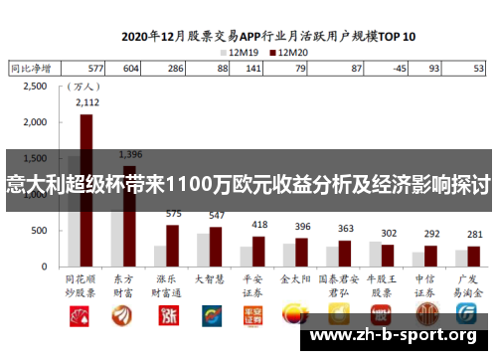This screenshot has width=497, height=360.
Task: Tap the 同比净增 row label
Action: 29,69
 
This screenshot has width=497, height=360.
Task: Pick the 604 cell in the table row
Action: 130,69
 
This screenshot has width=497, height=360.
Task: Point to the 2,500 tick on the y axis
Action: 34,87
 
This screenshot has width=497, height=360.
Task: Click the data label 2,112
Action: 86,101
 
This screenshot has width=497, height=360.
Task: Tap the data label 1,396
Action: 129,154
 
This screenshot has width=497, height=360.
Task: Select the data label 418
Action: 258,225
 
